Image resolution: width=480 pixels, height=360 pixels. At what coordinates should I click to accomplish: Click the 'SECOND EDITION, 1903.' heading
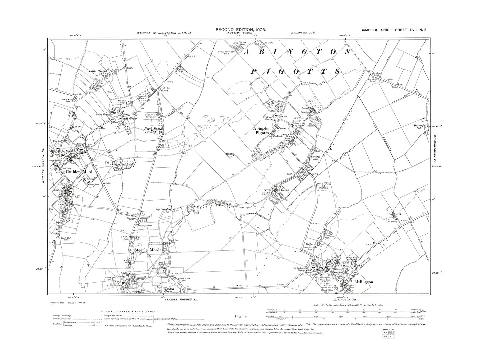pyautogui.click(x=240, y=30)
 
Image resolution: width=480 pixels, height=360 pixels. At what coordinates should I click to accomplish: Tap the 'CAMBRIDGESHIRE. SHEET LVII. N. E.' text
pyautogui.click(x=395, y=30)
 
